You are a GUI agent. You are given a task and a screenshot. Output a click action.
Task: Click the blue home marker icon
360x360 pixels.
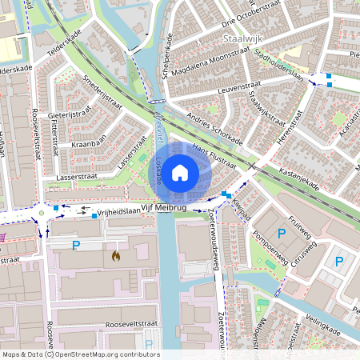(x=180, y=172)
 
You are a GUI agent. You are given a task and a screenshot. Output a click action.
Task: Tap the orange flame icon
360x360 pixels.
(x=117, y=257)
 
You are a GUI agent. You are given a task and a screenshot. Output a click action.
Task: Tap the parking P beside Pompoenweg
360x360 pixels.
(x=281, y=233)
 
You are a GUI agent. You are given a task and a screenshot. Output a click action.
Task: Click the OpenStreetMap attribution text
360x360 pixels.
(x=80, y=354)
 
